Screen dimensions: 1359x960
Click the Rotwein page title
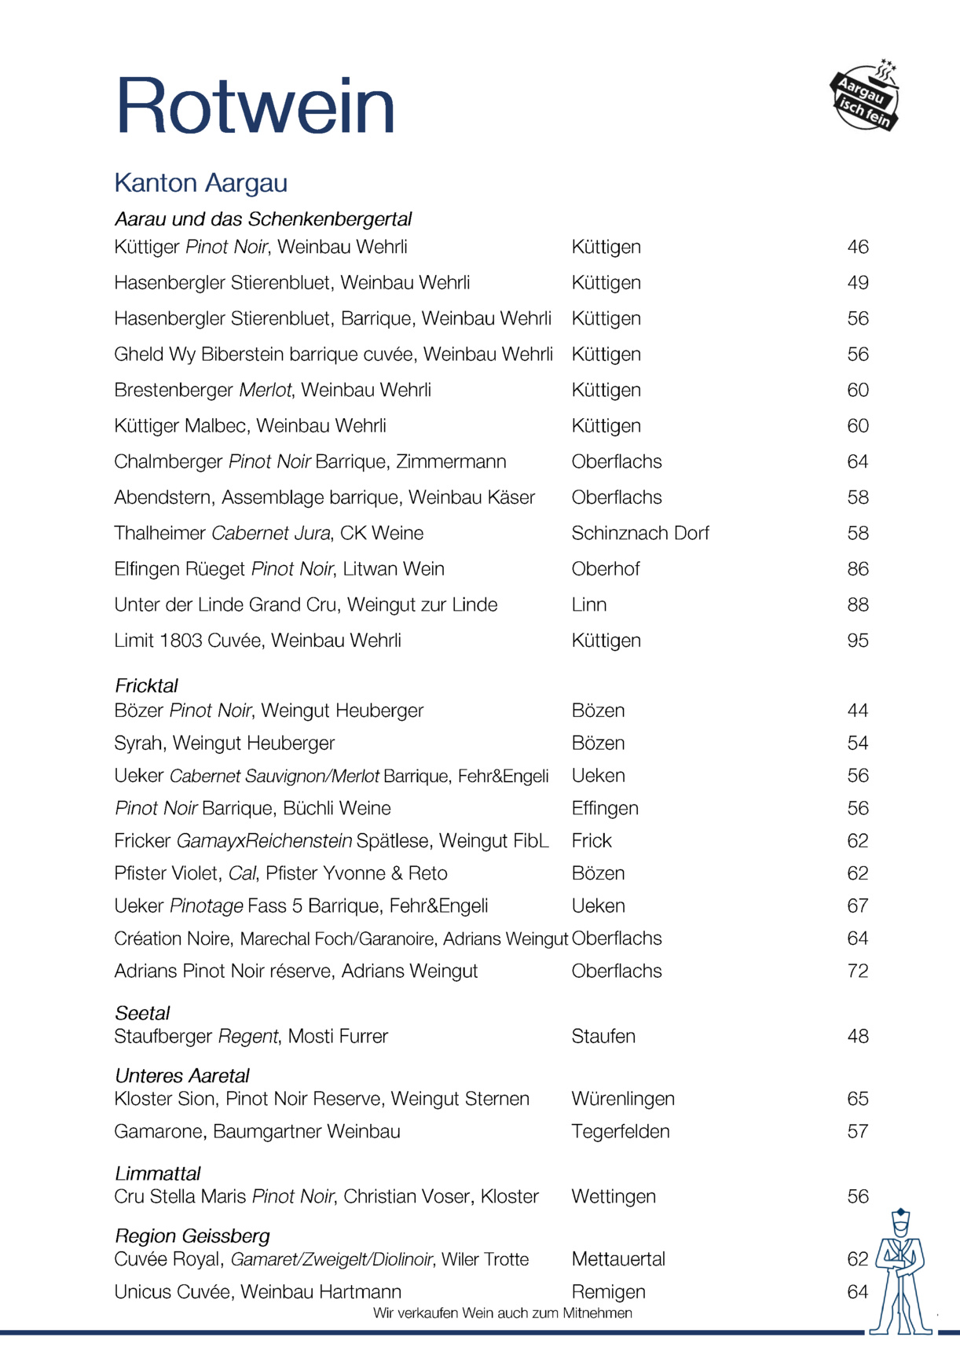click(x=255, y=106)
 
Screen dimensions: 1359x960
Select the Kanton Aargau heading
click(x=201, y=183)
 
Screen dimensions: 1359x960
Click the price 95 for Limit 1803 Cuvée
click(x=857, y=641)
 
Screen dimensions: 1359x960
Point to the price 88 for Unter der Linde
click(x=857, y=605)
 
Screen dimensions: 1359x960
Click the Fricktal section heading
click(x=147, y=685)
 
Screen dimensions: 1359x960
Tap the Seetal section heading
click(x=142, y=1013)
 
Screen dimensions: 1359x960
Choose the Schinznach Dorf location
click(x=640, y=534)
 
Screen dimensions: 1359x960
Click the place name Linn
click(x=589, y=605)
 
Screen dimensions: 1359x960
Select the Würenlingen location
click(x=623, y=1099)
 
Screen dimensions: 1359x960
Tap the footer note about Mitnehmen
click(x=503, y=1313)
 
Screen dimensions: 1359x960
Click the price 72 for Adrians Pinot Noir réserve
click(x=857, y=972)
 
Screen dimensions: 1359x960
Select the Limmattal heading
click(x=158, y=1174)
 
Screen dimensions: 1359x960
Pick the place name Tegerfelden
click(x=621, y=1132)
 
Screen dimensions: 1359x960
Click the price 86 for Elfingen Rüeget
click(x=857, y=569)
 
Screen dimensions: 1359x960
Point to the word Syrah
click(x=138, y=744)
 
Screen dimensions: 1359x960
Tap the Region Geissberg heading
click(x=192, y=1236)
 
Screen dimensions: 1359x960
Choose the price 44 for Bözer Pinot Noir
click(x=857, y=711)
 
